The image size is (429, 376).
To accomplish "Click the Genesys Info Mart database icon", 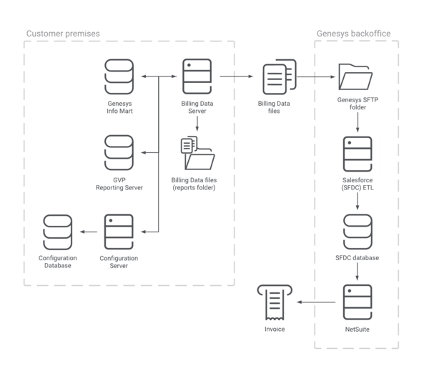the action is [119, 76].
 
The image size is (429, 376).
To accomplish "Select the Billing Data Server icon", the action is [197, 76].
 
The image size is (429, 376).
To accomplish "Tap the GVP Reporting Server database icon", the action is [119, 152].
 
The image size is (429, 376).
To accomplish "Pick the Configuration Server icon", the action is [119, 232].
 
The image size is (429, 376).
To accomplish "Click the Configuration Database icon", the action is [58, 232].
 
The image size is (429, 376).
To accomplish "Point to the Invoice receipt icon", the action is [275, 302].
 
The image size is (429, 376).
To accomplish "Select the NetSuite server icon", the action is [357, 302].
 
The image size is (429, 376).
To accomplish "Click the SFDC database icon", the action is [357, 232].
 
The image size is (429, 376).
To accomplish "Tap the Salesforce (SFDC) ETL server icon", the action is [357, 154].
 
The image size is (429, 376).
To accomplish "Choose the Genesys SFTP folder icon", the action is [355, 76].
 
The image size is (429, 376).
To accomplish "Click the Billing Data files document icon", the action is [280, 76].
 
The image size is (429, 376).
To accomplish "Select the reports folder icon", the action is [198, 153].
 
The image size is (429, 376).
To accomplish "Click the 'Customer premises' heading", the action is [63, 34].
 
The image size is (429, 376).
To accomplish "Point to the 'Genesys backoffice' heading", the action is [353, 34].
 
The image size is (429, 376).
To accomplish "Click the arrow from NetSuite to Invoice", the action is [316, 302].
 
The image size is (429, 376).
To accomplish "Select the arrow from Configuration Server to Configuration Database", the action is [89, 232].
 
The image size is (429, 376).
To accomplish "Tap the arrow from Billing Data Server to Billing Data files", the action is [237, 76].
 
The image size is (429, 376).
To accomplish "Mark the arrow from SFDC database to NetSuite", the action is [357, 271].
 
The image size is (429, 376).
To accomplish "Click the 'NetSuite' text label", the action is [357, 330].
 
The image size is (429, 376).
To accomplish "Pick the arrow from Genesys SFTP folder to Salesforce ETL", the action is [357, 122].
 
